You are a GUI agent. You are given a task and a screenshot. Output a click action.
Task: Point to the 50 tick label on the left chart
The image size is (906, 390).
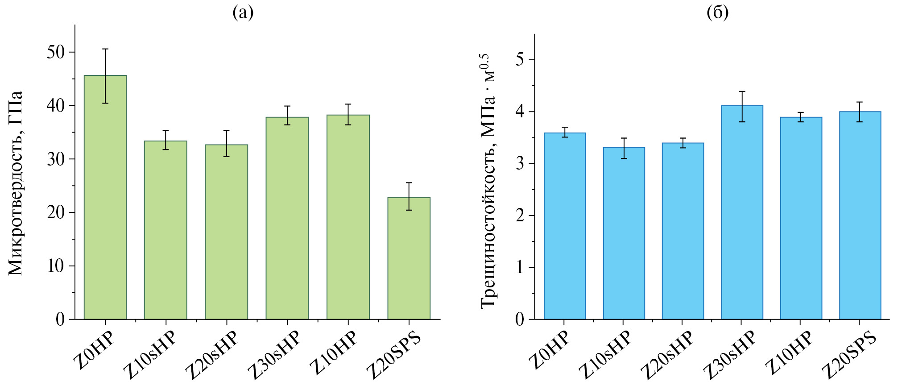click(56, 52)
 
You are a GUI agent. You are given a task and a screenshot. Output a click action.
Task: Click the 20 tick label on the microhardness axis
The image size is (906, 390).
click(56, 212)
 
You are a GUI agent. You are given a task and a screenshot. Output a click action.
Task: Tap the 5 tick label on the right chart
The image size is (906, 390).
click(520, 60)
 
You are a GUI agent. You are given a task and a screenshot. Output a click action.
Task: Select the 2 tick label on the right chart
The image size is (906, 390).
click(520, 216)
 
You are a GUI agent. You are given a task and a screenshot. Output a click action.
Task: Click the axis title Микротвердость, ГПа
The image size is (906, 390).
click(16, 183)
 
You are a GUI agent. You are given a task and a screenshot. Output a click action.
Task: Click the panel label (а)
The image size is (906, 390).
click(243, 13)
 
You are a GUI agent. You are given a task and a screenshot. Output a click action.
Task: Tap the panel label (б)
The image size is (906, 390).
click(718, 13)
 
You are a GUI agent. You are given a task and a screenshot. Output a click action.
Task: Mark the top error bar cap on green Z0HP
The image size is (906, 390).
click(105, 49)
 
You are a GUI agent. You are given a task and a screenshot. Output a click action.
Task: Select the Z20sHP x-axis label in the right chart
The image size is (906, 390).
click(667, 355)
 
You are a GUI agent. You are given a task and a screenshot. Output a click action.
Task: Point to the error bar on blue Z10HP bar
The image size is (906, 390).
click(801, 117)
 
